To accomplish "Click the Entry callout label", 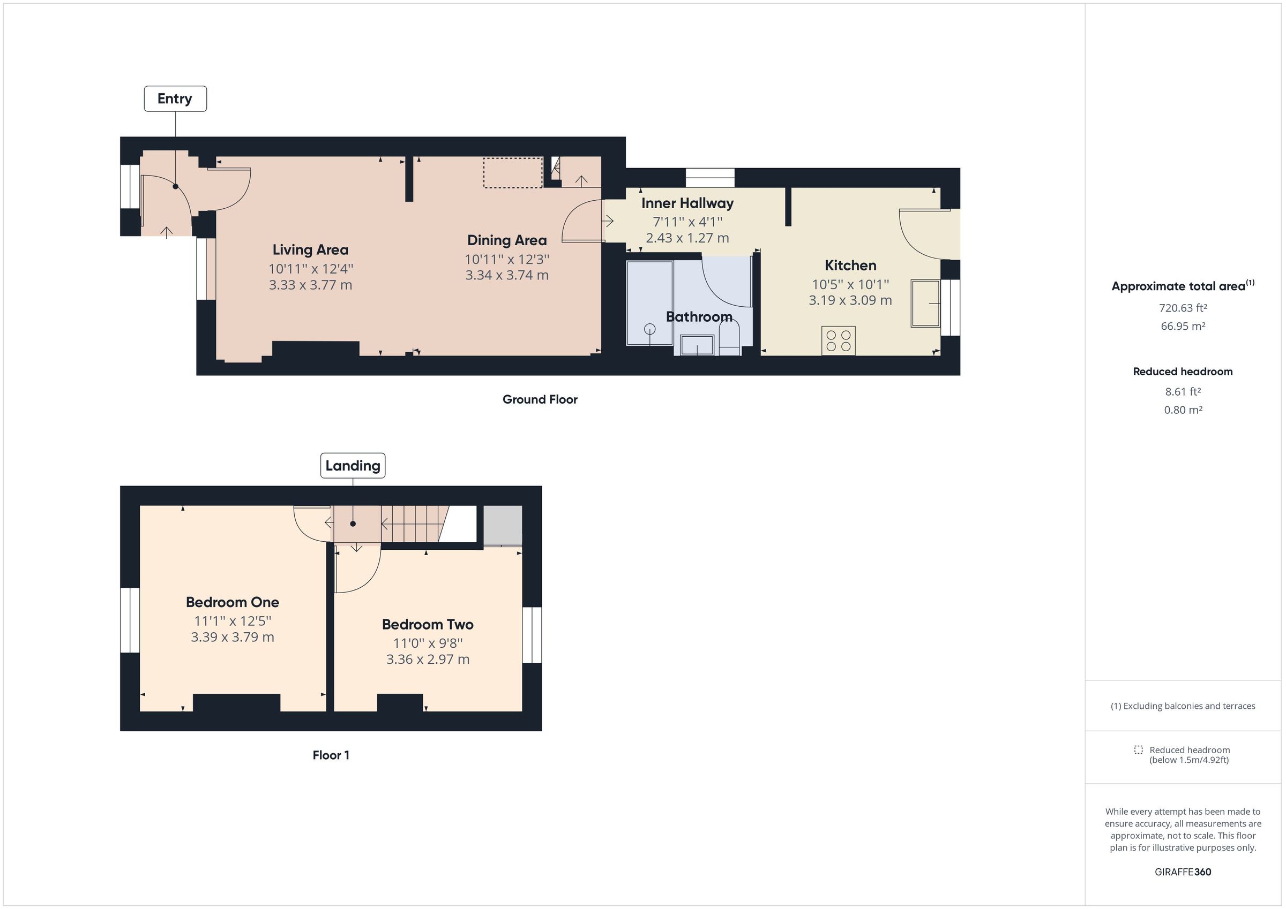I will [175, 99].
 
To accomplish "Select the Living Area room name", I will [310, 249].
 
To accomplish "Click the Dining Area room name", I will [506, 240].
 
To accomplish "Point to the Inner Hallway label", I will [687, 203].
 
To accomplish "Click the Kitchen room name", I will [850, 266].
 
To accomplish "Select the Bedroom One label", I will [232, 602].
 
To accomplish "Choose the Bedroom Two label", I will [428, 625].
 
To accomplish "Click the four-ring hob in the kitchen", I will [839, 341].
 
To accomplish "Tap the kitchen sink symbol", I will [925, 304].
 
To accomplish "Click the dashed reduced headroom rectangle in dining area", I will [512, 172].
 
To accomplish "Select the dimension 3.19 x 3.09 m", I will [850, 300].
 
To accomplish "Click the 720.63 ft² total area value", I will [1183, 308].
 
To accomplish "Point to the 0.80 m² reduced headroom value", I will [1183, 410].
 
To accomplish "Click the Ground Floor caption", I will [540, 400].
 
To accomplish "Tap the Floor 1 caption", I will [331, 755].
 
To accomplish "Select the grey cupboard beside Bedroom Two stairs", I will [503, 525].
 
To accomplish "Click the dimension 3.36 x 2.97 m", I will [428, 660].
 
